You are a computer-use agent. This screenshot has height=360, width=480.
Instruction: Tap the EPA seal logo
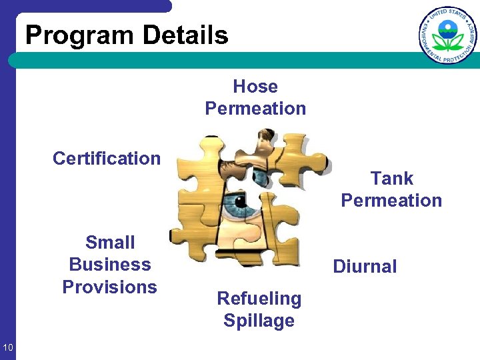[x=448, y=35]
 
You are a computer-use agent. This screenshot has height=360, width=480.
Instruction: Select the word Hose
[x=255, y=87]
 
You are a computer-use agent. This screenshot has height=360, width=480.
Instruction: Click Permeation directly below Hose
[x=255, y=108]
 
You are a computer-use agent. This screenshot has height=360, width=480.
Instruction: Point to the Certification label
[x=107, y=159]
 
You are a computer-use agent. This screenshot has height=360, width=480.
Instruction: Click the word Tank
[x=392, y=179]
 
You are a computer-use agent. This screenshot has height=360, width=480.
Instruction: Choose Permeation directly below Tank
[x=391, y=200]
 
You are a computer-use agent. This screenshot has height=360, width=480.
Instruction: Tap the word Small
[x=110, y=243]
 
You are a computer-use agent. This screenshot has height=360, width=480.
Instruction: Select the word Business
[x=110, y=265]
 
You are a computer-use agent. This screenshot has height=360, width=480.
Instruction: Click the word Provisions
[x=110, y=287]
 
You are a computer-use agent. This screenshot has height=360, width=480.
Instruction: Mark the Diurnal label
[x=365, y=267]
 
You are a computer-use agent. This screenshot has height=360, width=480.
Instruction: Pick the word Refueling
[x=259, y=299]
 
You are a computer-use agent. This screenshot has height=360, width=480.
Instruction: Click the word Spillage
[x=259, y=321]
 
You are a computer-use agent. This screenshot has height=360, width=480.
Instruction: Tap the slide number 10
[x=8, y=346]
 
